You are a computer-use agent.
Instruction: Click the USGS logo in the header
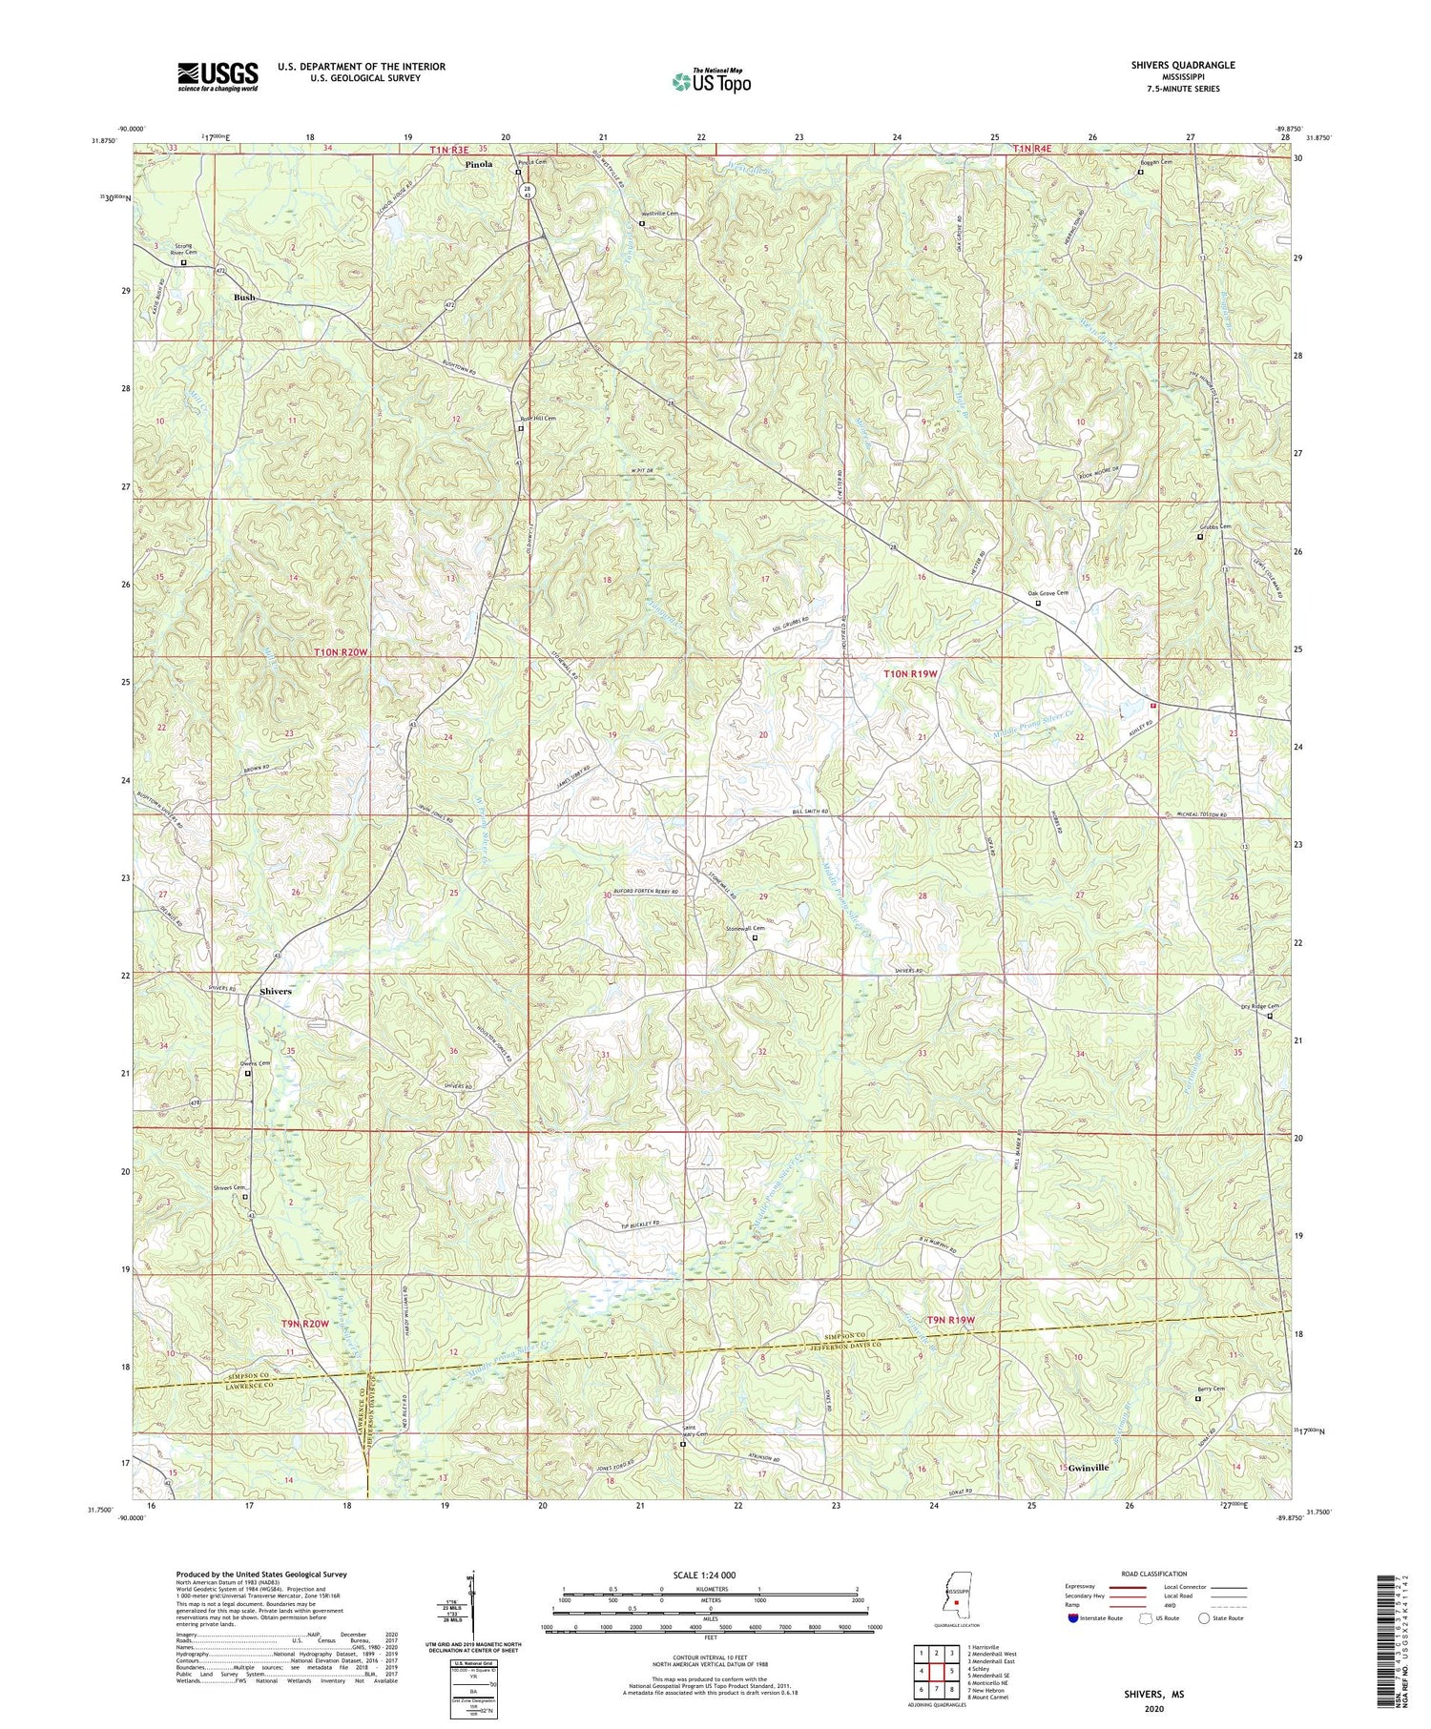click(x=217, y=76)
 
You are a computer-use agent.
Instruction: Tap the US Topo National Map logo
click(x=710, y=81)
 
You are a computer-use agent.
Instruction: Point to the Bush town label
click(x=245, y=298)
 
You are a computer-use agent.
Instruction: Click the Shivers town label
click(x=276, y=992)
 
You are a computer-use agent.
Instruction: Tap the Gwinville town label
click(x=1089, y=1468)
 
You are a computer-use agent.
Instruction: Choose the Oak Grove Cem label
click(x=1048, y=593)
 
